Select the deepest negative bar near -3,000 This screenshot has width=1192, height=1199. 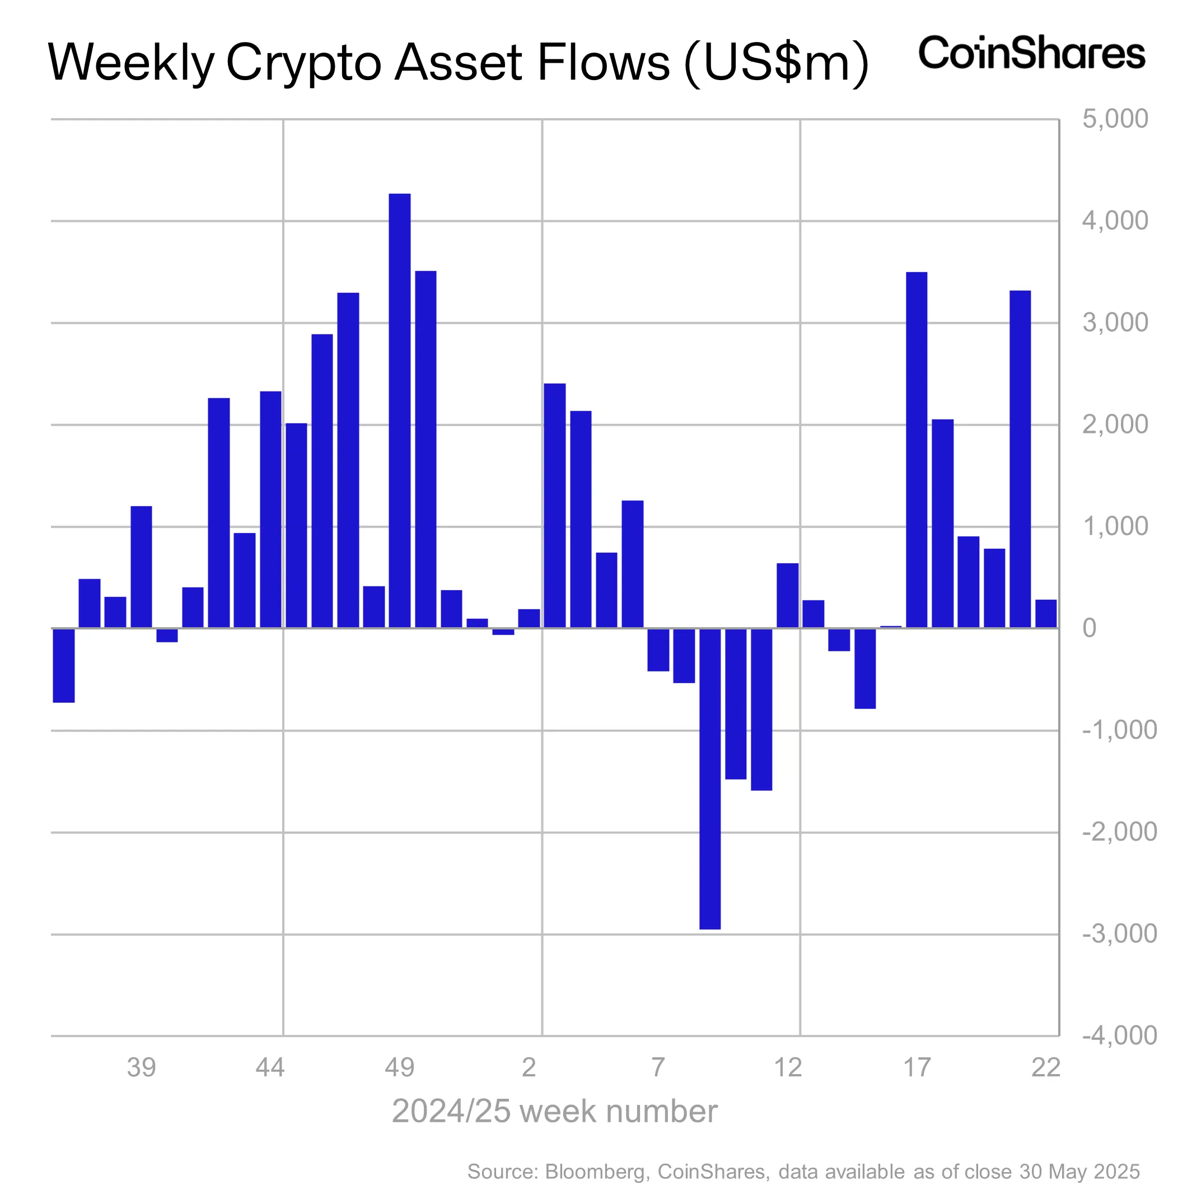[709, 778]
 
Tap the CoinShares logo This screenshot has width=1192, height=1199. [1031, 53]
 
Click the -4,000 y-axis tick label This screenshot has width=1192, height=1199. [1119, 1035]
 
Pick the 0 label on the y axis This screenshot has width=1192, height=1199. [1089, 628]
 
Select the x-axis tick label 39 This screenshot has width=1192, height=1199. [141, 1068]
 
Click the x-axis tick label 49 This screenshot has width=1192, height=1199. [399, 1068]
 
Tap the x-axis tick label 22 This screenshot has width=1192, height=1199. [1045, 1068]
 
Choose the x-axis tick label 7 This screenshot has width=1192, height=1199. [658, 1068]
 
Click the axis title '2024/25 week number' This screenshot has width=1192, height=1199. [554, 1112]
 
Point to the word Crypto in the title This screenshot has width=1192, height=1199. [303, 63]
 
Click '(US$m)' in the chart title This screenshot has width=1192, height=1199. [775, 63]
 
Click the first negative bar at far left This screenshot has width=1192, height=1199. [63, 665]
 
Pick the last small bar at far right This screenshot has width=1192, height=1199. [1045, 613]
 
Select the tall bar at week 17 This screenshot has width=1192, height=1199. [916, 450]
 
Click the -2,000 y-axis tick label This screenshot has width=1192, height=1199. [1119, 832]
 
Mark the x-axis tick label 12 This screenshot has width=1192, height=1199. [787, 1068]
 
